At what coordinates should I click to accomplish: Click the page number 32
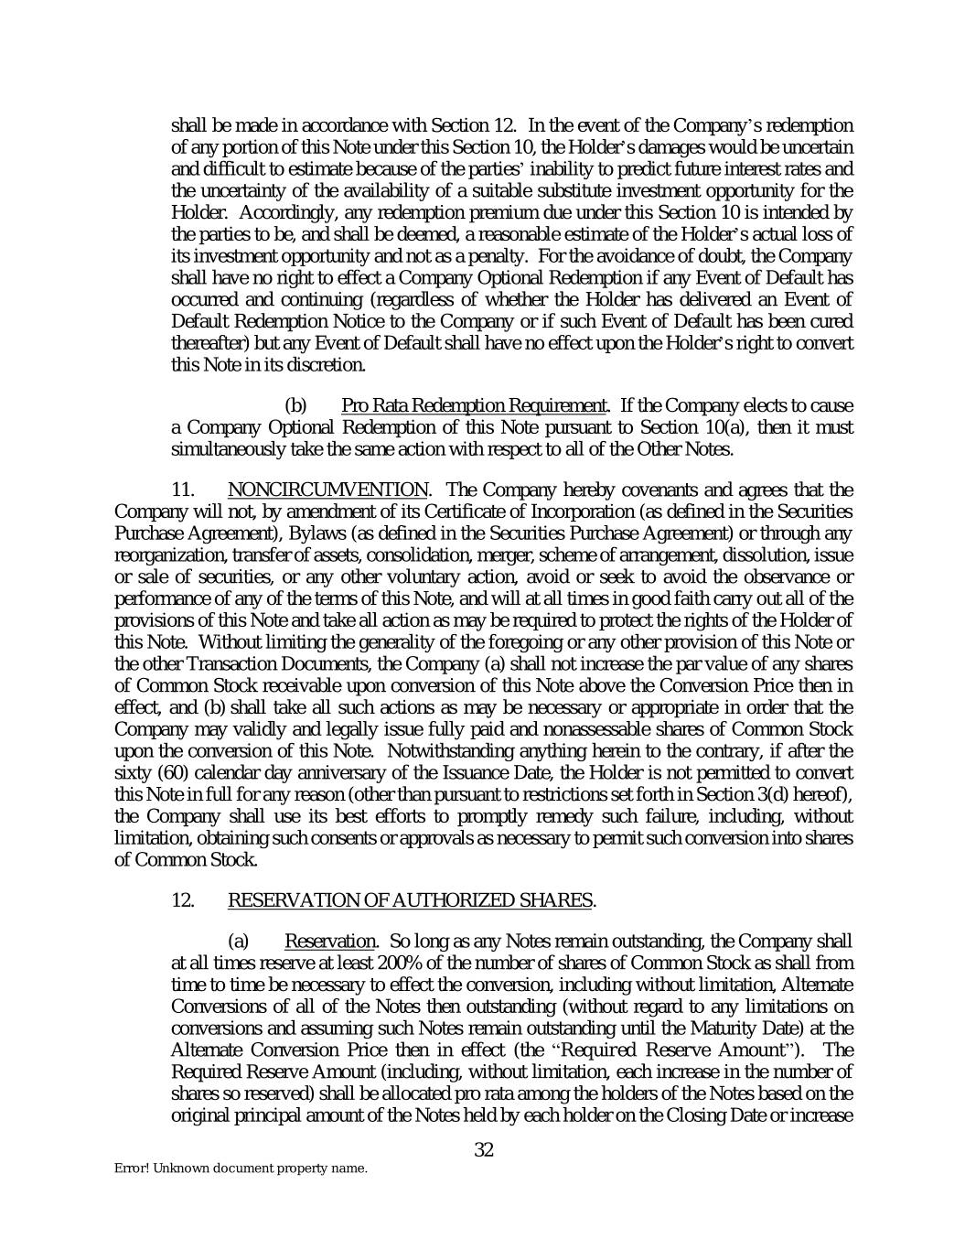[x=484, y=1150]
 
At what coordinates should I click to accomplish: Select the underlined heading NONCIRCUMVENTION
[x=327, y=490]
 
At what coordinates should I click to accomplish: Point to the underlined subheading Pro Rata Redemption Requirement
[x=473, y=405]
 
